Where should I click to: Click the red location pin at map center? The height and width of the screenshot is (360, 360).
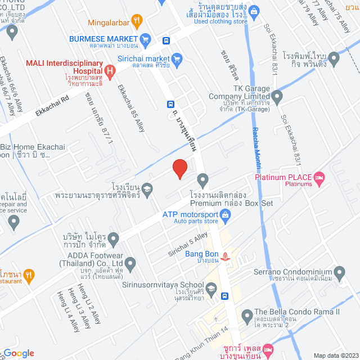pyautogui.click(x=179, y=169)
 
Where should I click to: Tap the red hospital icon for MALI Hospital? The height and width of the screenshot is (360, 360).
pyautogui.click(x=110, y=71)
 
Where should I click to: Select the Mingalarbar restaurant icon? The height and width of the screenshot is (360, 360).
pyautogui.click(x=136, y=22)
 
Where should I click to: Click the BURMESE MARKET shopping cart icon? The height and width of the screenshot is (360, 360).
pyautogui.click(x=146, y=39)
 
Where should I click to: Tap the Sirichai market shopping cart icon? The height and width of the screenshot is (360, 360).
pyautogui.click(x=177, y=57)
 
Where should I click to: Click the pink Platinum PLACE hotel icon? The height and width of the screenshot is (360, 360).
pyautogui.click(x=319, y=178)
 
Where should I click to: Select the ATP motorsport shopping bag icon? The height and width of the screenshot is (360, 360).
pyautogui.click(x=225, y=214)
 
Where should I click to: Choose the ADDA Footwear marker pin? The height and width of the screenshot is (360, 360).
pyautogui.click(x=130, y=263)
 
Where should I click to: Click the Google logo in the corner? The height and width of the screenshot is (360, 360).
pyautogui.click(x=18, y=353)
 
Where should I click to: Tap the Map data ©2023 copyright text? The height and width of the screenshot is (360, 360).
pyautogui.click(x=335, y=355)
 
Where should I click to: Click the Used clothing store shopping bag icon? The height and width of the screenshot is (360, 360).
pyautogui.click(x=254, y=10)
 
